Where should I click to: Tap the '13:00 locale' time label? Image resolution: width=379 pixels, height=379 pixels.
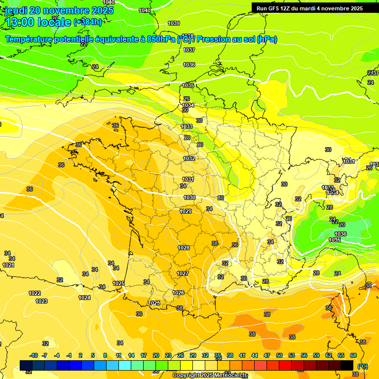coord(38,22)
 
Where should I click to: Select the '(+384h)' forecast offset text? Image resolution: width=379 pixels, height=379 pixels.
coord(88,22)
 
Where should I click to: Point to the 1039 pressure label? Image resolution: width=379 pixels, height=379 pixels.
coord(174,23)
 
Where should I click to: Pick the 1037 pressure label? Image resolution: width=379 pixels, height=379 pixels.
coord(189,50)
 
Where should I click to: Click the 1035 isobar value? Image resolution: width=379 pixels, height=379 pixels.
coord(188,85)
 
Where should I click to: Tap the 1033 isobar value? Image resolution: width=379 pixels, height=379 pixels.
coord(187,126)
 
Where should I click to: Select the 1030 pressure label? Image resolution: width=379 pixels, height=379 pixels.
coord(189,197)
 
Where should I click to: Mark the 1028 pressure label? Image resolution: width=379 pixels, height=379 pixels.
coord(184,248)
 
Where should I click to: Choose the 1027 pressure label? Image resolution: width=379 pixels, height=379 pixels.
coord(183,273)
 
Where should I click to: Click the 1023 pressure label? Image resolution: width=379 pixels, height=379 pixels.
coord(41,301)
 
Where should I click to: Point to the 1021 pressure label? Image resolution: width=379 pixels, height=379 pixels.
coord(8,265)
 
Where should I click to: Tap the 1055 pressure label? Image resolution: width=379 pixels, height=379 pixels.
coord(335,240)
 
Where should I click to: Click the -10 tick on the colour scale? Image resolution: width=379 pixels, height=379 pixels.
coord(34,355)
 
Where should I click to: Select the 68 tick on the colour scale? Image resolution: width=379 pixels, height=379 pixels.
coord(353,355)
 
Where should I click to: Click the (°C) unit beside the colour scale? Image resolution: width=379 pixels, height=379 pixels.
coord(363,366)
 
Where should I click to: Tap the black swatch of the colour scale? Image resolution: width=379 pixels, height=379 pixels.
coord(347,365)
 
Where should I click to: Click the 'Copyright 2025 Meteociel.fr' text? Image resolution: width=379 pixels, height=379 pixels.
coord(210,375)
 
